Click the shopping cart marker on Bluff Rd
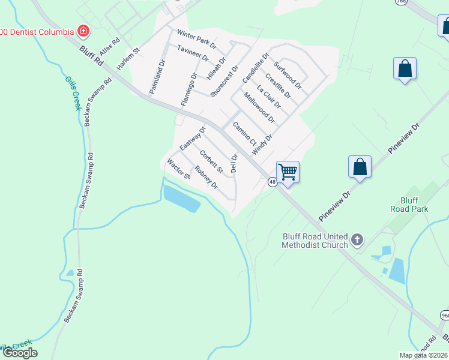point(288,172)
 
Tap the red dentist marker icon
point(83,31)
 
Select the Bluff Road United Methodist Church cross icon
point(357,241)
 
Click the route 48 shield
point(273,182)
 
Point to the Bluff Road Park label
point(414,205)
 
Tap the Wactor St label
point(178,169)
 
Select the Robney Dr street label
point(206,178)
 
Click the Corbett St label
point(211,161)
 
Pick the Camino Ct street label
point(244,133)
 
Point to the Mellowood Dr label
point(259,108)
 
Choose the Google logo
point(20,353)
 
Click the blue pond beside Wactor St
point(181,198)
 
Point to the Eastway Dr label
point(193,139)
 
